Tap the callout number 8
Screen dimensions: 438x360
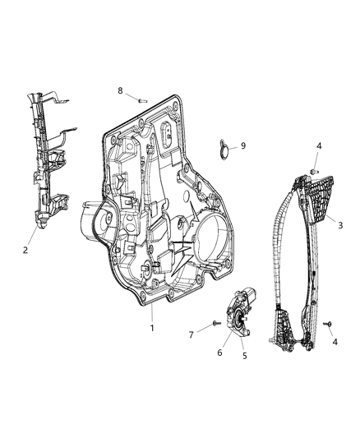(x=120, y=90)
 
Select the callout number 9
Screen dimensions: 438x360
(x=242, y=146)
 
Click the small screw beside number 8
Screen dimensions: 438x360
(x=142, y=99)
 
